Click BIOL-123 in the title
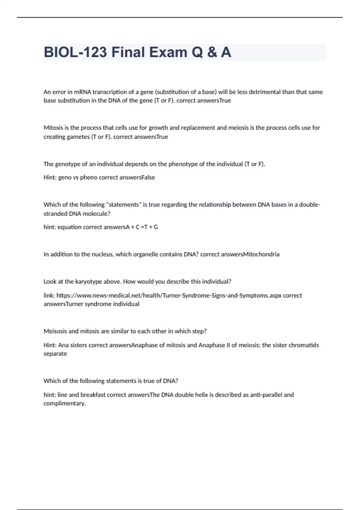75,52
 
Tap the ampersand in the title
212,52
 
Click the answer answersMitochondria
250,254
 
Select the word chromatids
303,345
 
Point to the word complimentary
64,403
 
